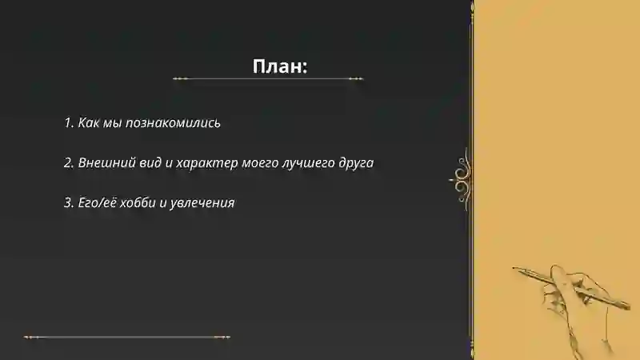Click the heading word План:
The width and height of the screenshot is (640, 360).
(280, 66)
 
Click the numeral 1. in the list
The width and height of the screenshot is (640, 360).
(69, 123)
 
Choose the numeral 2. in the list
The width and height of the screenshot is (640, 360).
(69, 162)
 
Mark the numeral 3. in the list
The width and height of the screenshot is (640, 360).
(69, 202)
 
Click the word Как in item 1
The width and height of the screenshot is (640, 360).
(89, 123)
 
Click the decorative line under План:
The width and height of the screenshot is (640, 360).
(268, 79)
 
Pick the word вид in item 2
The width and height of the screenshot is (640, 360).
(145, 162)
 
